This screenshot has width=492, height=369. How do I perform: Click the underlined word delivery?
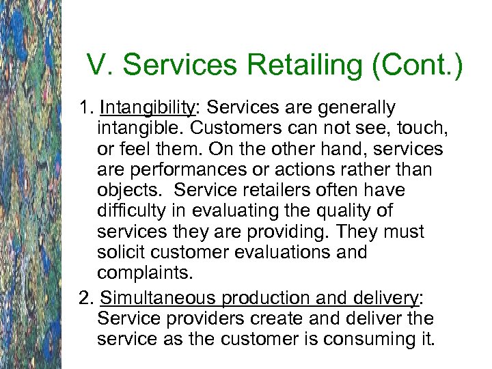385,299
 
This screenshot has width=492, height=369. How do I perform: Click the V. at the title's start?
98,66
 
